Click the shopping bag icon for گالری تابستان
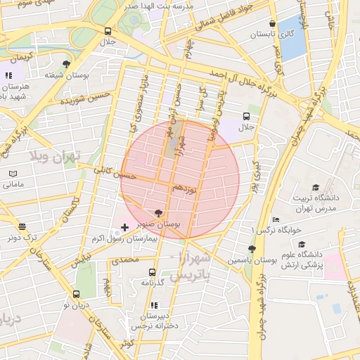click(273, 22)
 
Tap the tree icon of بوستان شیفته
click(66, 64)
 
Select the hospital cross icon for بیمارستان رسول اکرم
click(125, 227)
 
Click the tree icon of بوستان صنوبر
click(157, 212)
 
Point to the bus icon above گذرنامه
click(152, 272)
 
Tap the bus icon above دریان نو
click(76, 294)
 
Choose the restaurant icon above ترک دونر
click(22, 227)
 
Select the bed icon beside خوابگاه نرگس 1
click(276, 219)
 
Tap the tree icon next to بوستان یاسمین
click(251, 249)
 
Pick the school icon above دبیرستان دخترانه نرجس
click(152, 306)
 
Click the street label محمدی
click(122, 259)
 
